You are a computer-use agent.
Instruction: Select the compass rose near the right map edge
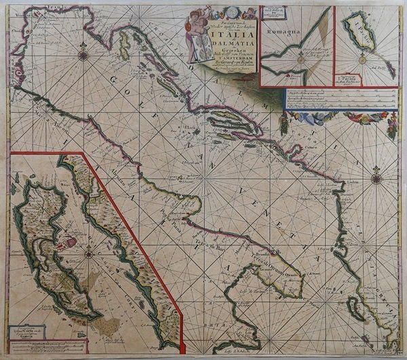click(376, 180)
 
